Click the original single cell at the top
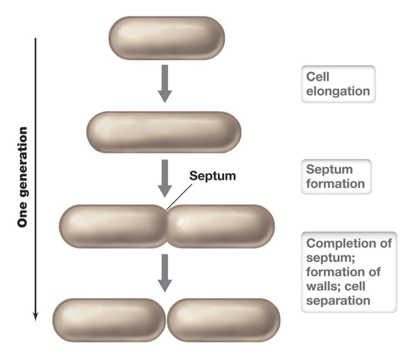click(x=166, y=38)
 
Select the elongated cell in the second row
click(x=164, y=132)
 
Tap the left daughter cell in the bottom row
click(x=109, y=320)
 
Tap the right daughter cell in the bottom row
click(x=224, y=320)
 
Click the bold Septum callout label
click(x=213, y=176)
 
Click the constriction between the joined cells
click(x=167, y=226)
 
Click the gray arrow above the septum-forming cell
click(x=165, y=178)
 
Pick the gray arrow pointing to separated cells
click(x=165, y=272)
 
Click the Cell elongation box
click(x=338, y=84)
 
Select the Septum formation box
click(x=336, y=176)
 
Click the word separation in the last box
click(x=338, y=301)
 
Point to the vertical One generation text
click(x=23, y=177)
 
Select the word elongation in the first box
click(x=338, y=91)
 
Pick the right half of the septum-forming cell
click(x=220, y=226)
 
